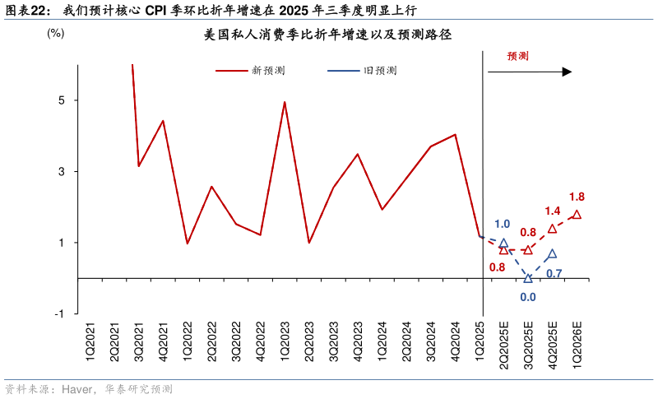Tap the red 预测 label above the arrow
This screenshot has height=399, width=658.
tap(517, 56)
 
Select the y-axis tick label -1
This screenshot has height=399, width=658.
tap(59, 314)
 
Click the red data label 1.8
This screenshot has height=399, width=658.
tap(577, 197)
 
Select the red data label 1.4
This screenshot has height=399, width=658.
tap(552, 211)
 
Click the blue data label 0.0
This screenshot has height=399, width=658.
tap(528, 298)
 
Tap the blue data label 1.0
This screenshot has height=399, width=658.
tap(502, 224)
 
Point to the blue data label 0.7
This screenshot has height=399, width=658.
tap(554, 273)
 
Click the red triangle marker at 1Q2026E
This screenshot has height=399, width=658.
tap(577, 215)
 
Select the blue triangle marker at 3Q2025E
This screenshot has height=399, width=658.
tap(528, 278)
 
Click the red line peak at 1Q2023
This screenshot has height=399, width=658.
tap(285, 102)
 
